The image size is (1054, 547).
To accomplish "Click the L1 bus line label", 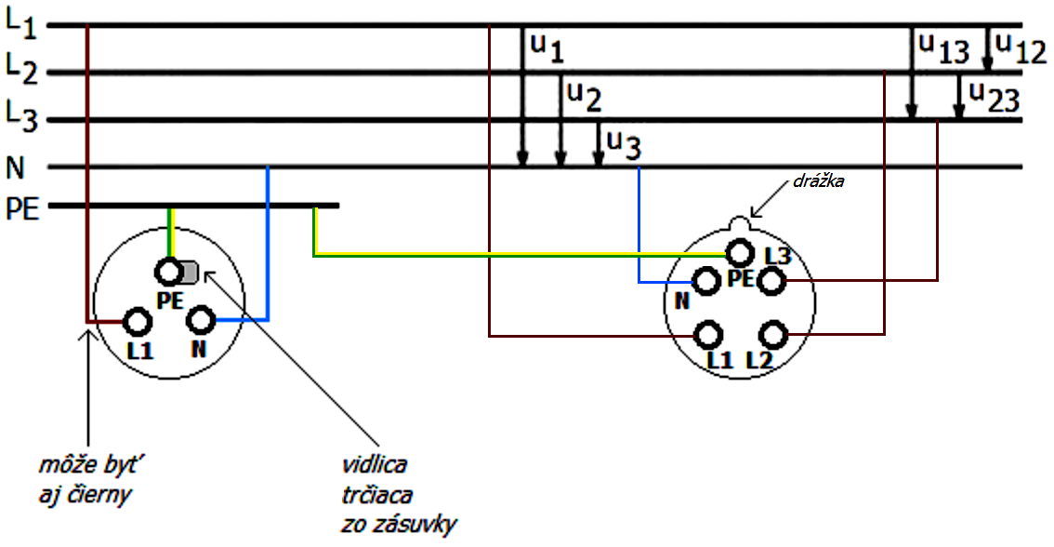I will point(20,22).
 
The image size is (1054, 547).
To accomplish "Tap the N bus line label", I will point(15,167).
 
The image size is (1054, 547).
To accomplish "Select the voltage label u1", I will point(547,47).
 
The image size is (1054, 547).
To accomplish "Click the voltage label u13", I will point(942,49).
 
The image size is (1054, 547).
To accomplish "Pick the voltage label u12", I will point(1020,47).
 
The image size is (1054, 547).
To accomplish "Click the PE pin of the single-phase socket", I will point(169,272).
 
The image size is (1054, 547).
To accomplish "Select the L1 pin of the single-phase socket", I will point(138,322).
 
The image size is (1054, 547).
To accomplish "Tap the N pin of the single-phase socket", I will point(201,321).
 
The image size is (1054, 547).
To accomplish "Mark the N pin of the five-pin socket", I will point(705,281).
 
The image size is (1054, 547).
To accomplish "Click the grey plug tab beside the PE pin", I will point(189,272).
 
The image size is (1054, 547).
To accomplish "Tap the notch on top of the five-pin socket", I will point(739,224).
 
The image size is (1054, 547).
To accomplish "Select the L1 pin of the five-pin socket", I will point(709,334).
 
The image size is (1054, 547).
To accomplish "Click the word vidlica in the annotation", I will point(374,462).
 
